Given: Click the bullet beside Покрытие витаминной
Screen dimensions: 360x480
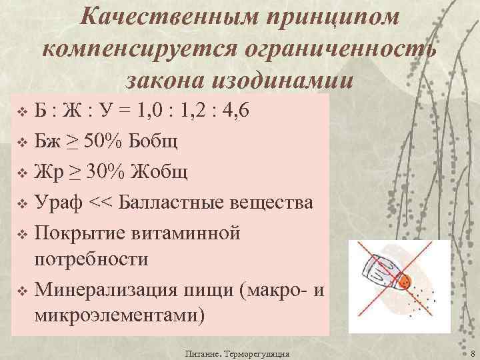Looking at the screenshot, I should [21, 234].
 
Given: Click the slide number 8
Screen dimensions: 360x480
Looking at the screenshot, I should [471, 353].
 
